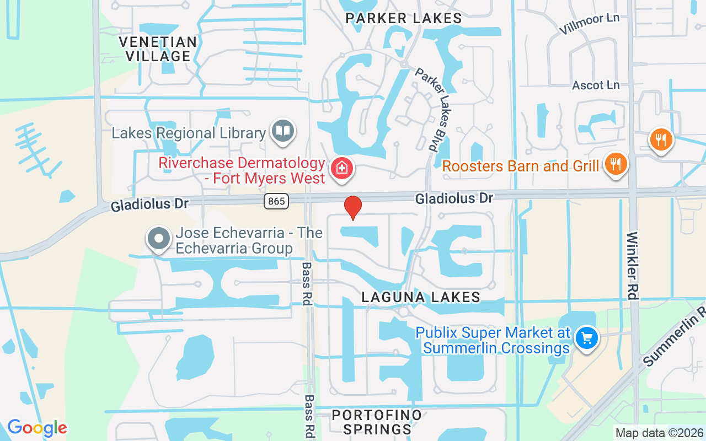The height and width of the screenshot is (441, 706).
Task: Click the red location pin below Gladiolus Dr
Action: pyautogui.click(x=353, y=208)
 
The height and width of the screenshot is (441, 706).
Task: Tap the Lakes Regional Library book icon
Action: pyautogui.click(x=284, y=131)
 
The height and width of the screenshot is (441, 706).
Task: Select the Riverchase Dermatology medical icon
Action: pyautogui.click(x=342, y=168)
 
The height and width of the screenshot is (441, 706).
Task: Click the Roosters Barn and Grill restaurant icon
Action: pyautogui.click(x=616, y=164)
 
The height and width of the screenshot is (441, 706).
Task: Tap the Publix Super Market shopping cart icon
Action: pyautogui.click(x=586, y=337)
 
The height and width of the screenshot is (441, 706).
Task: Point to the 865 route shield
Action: pyautogui.click(x=276, y=201)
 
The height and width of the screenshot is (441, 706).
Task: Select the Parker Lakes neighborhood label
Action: pyautogui.click(x=404, y=18)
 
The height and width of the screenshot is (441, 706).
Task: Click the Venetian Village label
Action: pyautogui.click(x=158, y=49)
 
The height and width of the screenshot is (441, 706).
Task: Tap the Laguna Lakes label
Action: pyautogui.click(x=421, y=298)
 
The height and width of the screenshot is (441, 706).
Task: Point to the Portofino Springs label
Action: pyautogui.click(x=377, y=422)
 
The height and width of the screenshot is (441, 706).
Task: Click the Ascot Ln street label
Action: pyautogui.click(x=596, y=85)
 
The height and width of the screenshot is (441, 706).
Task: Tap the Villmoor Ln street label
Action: pyautogui.click(x=589, y=24)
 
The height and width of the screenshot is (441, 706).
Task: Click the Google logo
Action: pyautogui.click(x=37, y=428)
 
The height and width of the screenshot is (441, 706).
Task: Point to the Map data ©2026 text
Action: pyautogui.click(x=659, y=433)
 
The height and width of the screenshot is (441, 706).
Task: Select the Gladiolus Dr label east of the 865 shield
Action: pyautogui.click(x=454, y=197)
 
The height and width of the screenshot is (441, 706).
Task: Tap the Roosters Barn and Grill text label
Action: pyautogui.click(x=520, y=166)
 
